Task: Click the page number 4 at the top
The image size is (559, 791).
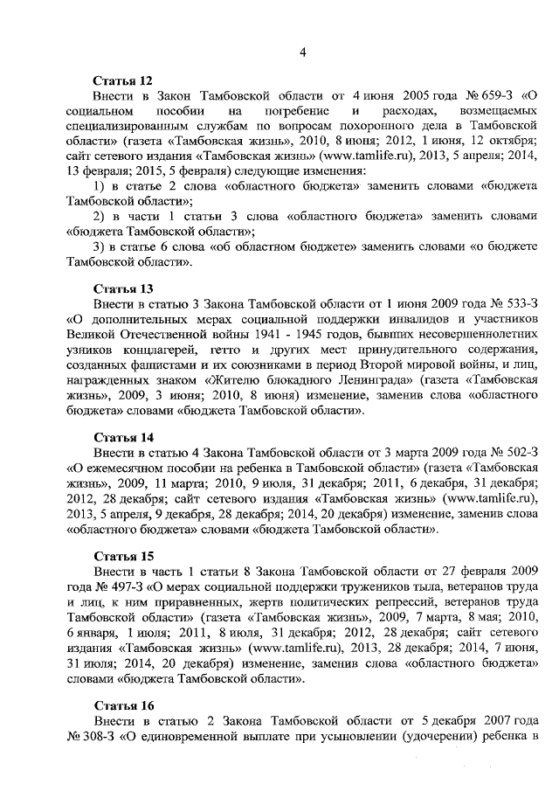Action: (302, 52)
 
